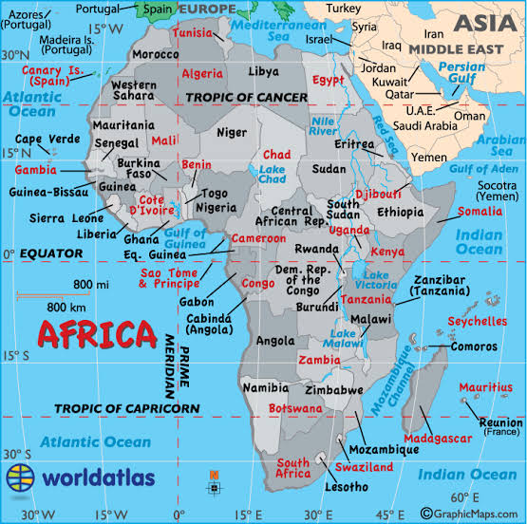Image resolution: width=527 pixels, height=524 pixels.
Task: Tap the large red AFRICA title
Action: (x=96, y=334)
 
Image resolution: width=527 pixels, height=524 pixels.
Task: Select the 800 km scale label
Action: (x=67, y=306)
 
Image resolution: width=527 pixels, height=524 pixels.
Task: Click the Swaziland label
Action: (x=364, y=468)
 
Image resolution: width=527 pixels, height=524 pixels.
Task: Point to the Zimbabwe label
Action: (x=333, y=390)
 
